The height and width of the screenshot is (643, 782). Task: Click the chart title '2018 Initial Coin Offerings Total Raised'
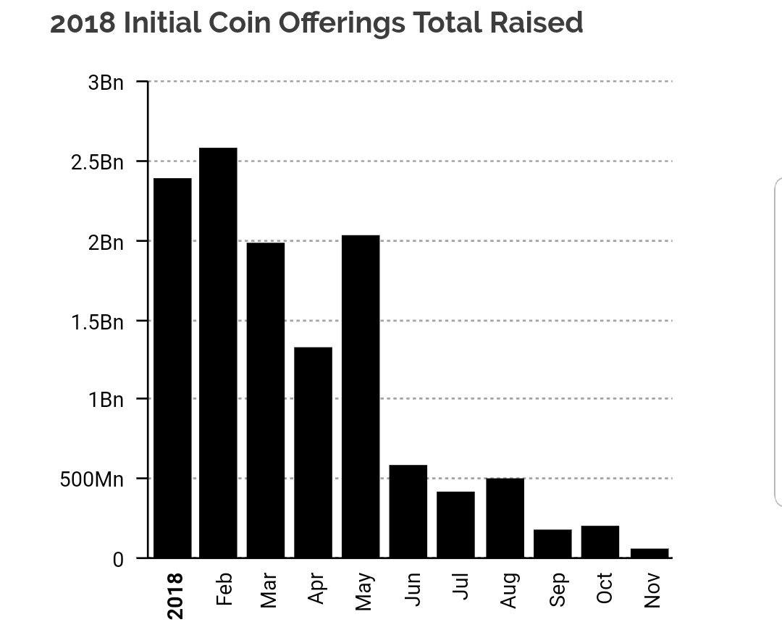click(316, 23)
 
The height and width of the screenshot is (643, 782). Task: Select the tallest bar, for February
click(218, 353)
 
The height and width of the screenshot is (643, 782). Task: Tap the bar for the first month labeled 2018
click(172, 368)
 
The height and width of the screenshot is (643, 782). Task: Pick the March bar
click(266, 400)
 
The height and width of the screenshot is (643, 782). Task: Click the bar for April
click(313, 453)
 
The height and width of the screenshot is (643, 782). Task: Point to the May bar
click(361, 396)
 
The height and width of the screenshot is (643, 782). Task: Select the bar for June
click(408, 511)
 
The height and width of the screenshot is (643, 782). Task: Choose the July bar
click(455, 524)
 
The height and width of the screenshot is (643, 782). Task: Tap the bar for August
click(505, 518)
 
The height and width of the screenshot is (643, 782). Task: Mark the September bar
click(552, 543)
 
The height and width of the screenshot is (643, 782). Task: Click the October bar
click(600, 542)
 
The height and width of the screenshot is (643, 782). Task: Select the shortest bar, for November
click(649, 553)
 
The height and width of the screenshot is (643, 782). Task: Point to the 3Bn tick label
click(106, 83)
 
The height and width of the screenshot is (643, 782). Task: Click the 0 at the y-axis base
click(117, 559)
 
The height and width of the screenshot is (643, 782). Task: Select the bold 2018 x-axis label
click(175, 596)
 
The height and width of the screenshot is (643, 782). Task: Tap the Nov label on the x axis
click(652, 590)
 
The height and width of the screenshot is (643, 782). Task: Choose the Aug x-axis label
click(509, 590)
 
